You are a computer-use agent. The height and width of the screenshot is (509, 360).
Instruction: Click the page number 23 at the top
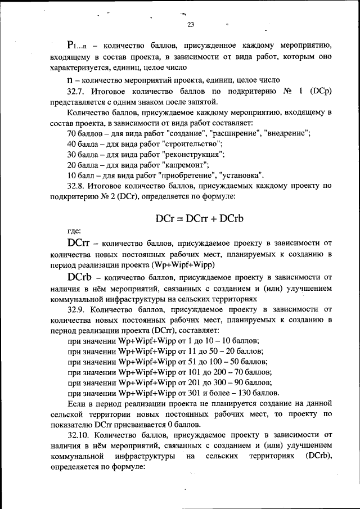190,24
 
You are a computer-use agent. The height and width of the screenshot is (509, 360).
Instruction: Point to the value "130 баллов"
256,393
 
